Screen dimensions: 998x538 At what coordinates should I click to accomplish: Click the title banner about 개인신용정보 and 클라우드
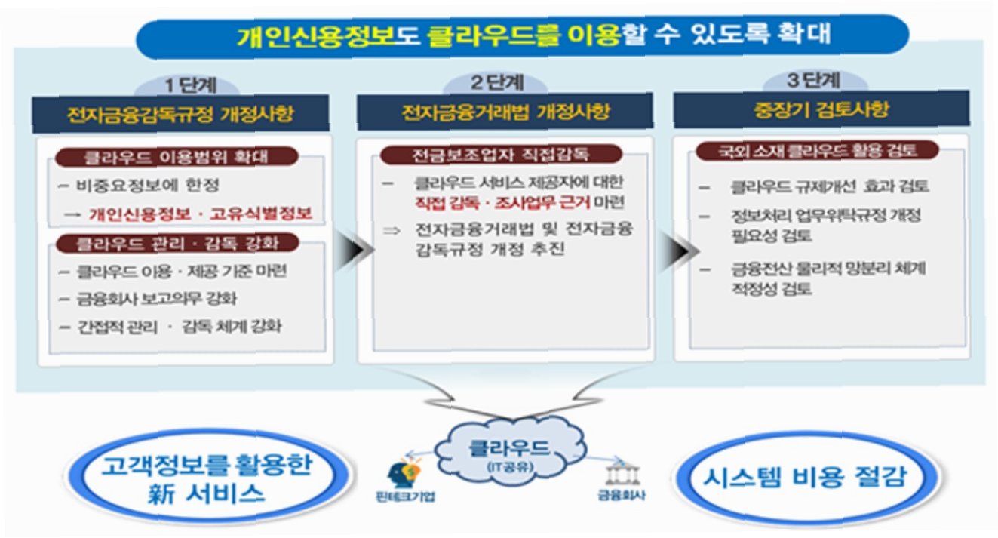(520, 35)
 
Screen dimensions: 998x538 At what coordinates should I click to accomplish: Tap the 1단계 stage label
(180, 85)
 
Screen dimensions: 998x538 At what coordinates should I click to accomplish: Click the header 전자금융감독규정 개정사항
(181, 115)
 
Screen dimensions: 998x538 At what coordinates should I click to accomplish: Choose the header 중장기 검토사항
(821, 110)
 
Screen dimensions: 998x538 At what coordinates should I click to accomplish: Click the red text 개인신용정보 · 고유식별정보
(199, 214)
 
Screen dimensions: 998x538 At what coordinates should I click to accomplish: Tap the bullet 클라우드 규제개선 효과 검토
(830, 186)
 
